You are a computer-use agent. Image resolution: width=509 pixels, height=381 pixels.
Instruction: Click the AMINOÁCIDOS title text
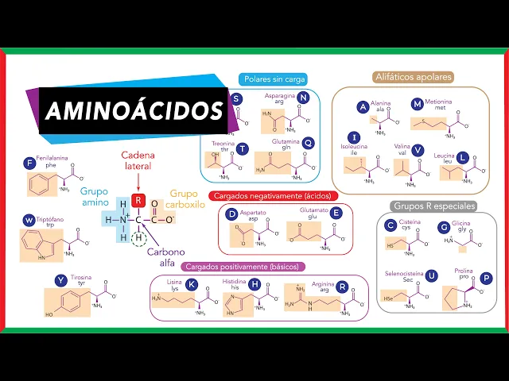tap(134, 110)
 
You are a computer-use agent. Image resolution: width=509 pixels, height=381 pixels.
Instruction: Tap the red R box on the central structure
tap(138, 201)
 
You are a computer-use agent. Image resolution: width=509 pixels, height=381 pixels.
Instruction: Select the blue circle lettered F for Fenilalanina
tap(30, 163)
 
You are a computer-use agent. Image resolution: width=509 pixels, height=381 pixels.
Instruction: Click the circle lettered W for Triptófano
tap(29, 220)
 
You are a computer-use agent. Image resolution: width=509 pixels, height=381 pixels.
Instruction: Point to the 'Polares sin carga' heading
tap(274, 79)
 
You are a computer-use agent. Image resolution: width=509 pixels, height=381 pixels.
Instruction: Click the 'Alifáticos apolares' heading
tap(413, 78)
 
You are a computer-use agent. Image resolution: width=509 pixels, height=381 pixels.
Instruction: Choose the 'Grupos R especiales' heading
tap(434, 206)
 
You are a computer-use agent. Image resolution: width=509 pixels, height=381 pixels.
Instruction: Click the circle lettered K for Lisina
tap(192, 285)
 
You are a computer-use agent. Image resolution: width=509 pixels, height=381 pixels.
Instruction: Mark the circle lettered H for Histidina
tap(254, 285)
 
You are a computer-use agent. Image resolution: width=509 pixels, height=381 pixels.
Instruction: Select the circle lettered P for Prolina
tap(487, 279)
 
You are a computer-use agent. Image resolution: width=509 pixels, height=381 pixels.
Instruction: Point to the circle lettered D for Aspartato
tap(232, 214)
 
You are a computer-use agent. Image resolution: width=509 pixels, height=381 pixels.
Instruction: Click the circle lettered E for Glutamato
tap(336, 213)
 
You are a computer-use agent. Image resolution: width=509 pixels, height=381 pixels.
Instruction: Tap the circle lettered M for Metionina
tap(418, 105)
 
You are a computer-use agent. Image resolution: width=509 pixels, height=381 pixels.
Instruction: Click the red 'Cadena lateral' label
tap(137, 160)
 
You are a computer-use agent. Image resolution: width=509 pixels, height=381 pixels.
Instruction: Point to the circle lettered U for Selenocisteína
tap(431, 275)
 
